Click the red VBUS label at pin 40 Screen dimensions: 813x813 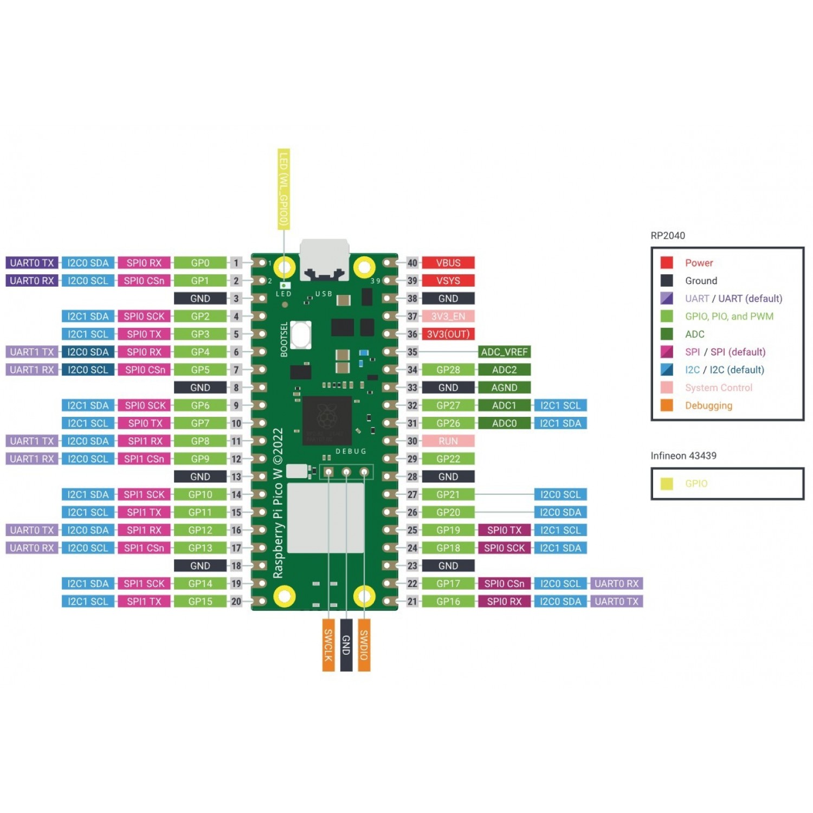click(x=448, y=263)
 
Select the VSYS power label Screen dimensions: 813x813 click(x=448, y=281)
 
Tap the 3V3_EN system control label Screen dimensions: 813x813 click(x=448, y=317)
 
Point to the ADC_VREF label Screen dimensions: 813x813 click(x=504, y=352)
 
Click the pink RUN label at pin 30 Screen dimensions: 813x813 click(x=448, y=441)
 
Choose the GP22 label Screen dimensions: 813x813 click(x=448, y=459)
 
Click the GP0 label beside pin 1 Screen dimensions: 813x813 click(x=200, y=263)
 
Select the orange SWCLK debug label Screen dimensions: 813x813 click(x=328, y=645)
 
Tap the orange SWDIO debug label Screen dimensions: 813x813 click(x=364, y=645)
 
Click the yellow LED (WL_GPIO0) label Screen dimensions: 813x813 click(x=283, y=189)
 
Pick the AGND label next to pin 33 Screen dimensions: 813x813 click(x=504, y=388)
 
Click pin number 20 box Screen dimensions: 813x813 click(x=236, y=602)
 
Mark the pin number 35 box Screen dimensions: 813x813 click(x=412, y=352)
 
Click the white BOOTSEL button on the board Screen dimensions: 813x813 click(x=301, y=334)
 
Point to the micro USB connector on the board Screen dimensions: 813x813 click(x=324, y=259)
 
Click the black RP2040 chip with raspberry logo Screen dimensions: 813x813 click(x=327, y=420)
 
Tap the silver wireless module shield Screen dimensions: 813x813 click(x=325, y=518)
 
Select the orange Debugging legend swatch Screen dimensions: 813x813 click(x=667, y=405)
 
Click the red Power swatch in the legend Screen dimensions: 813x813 click(x=667, y=263)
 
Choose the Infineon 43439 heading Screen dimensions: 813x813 click(x=683, y=456)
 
